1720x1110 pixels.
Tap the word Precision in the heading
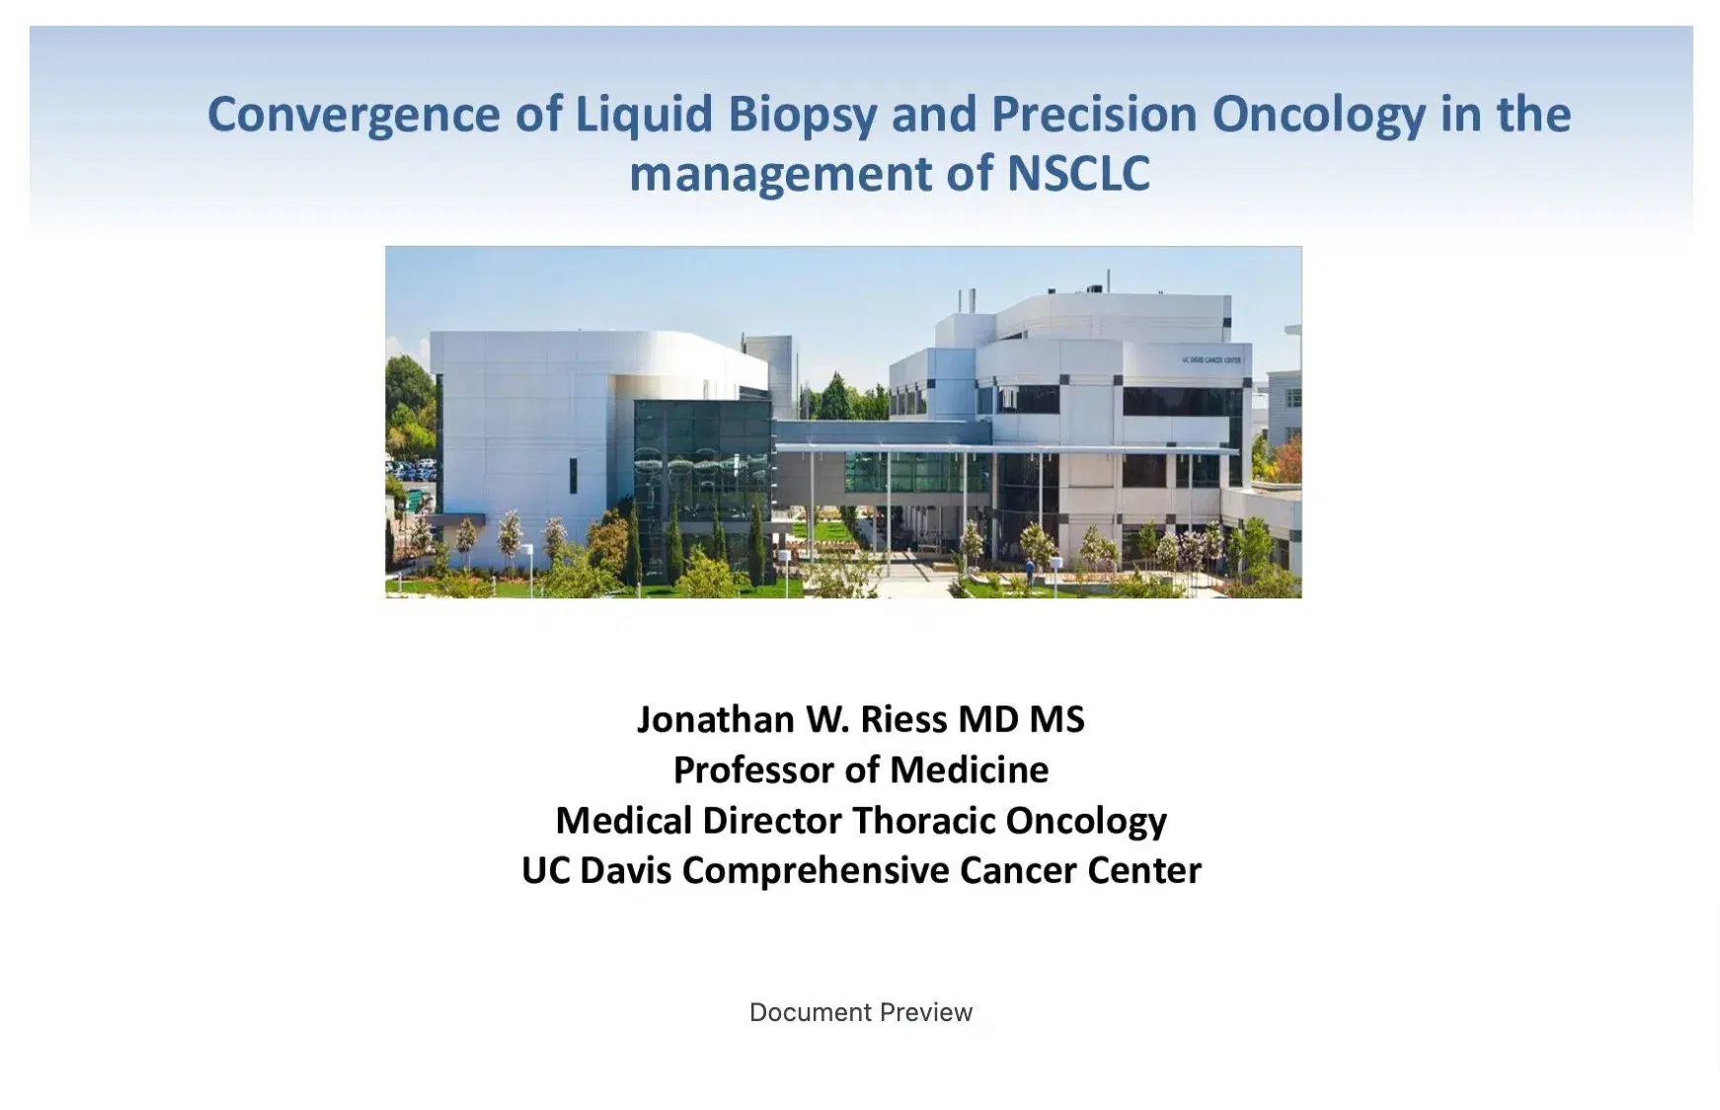(1093, 114)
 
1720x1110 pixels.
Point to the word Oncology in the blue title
(1318, 114)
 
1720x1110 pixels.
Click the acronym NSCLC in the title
(1078, 174)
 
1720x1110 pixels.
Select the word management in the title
(780, 174)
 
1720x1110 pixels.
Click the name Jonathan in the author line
(715, 719)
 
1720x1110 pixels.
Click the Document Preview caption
(860, 1012)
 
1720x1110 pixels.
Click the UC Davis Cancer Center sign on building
(1212, 360)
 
